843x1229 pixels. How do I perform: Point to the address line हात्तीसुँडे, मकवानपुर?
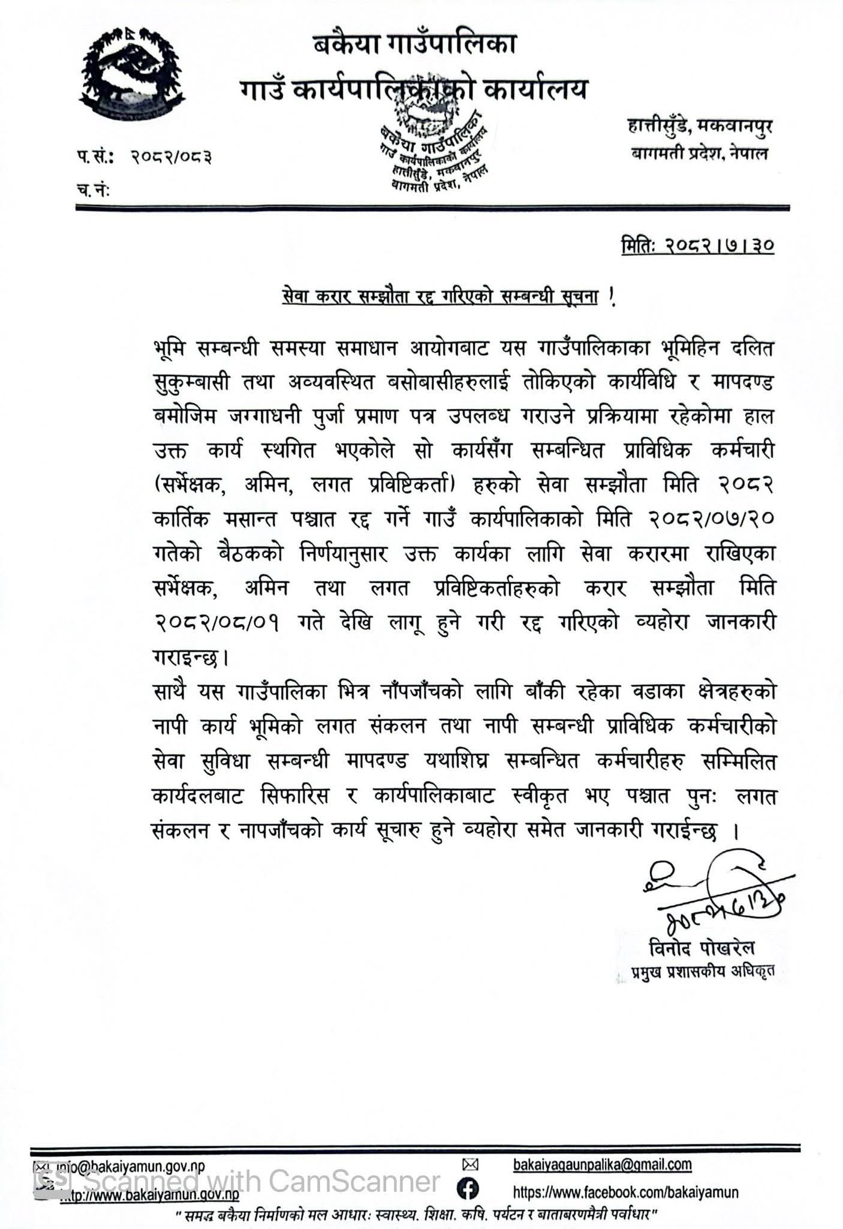698,127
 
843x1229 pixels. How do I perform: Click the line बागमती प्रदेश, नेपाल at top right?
699,154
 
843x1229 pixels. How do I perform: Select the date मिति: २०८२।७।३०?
697,246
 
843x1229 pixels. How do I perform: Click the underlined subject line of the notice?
441,298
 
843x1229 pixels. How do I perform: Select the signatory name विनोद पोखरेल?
702,949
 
